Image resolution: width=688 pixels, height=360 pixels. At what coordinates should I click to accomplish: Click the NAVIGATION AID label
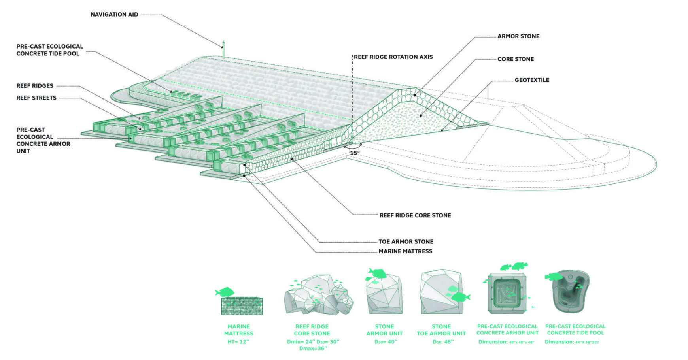[x=114, y=15]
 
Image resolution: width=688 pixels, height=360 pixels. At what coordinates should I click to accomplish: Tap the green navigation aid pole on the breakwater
[x=223, y=50]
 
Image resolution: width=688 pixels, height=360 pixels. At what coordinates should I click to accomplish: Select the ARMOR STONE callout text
[x=518, y=36]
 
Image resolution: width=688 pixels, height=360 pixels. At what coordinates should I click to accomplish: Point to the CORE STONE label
[x=515, y=59]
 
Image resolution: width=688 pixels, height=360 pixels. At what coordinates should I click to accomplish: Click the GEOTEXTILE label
[x=532, y=80]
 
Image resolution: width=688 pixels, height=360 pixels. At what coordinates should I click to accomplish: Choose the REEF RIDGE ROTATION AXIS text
[x=393, y=57]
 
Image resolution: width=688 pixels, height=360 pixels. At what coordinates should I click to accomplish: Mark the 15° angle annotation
[x=355, y=153]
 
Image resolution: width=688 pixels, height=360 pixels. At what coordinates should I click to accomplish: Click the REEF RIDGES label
[x=35, y=86]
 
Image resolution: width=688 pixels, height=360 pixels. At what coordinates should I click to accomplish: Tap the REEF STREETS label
[x=36, y=98]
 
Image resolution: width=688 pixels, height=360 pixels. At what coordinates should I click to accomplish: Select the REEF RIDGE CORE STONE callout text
[x=415, y=215]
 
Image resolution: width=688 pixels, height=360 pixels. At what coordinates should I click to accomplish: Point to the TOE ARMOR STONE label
[x=406, y=242]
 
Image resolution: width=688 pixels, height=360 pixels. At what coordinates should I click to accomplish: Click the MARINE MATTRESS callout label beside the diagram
[x=405, y=251]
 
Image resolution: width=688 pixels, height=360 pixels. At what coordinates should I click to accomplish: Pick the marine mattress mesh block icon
[x=242, y=306]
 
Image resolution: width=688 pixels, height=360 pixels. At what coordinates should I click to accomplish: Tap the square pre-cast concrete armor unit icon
[x=507, y=293]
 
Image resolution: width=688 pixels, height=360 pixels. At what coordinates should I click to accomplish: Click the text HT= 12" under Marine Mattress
[x=238, y=342]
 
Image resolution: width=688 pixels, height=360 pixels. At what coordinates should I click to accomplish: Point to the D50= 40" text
[x=386, y=342]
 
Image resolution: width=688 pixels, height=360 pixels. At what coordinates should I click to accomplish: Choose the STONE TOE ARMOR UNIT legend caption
[x=441, y=330]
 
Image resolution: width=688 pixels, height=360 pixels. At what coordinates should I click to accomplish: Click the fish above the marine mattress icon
[x=225, y=292]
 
